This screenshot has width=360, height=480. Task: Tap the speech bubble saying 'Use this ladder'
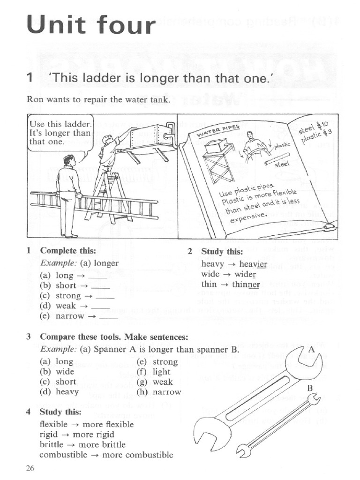[x=60, y=133]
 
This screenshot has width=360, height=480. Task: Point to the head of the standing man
[x=69, y=160]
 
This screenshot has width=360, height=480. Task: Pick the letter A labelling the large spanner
[x=312, y=349]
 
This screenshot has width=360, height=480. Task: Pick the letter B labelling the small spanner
[x=310, y=388]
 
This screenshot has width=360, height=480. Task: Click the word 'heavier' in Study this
[x=253, y=264]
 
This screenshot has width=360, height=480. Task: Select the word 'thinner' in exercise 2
[x=246, y=284]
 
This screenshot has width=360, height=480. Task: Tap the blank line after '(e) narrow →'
[x=109, y=317]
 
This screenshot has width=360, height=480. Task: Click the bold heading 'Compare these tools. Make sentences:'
[x=114, y=337]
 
